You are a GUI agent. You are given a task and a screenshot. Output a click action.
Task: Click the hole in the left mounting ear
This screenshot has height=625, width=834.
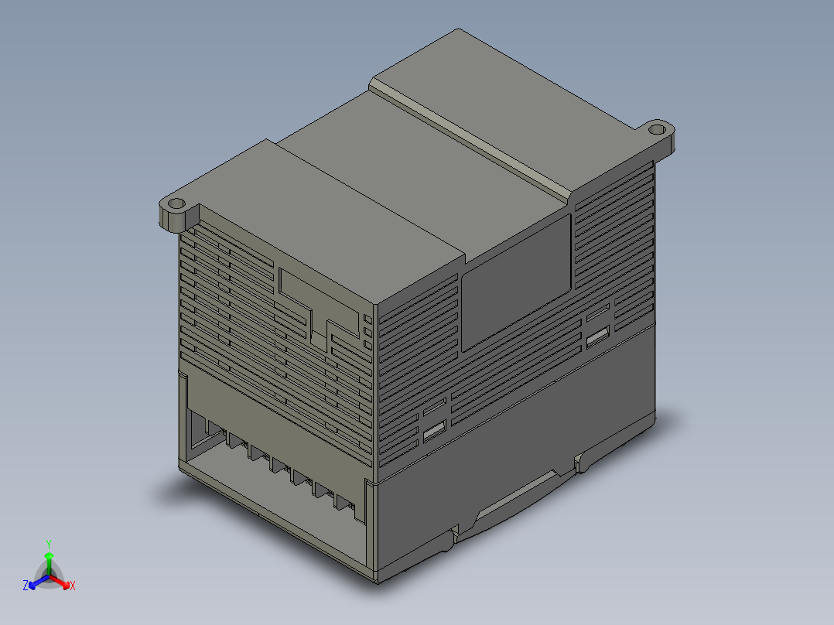(176, 205)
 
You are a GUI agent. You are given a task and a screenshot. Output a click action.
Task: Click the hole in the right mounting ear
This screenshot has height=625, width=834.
(657, 128)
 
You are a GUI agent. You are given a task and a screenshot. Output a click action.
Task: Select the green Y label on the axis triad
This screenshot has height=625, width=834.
(49, 544)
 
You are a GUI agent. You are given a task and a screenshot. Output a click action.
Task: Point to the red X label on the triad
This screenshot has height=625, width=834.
(72, 586)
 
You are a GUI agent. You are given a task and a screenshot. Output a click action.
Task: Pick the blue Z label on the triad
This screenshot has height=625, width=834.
(26, 586)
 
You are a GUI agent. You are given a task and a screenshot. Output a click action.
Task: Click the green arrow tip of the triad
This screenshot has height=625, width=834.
(49, 555)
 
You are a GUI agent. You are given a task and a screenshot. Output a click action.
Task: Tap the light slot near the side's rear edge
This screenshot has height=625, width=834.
(597, 337)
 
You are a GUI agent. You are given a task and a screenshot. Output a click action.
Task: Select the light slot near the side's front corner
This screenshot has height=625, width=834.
(435, 432)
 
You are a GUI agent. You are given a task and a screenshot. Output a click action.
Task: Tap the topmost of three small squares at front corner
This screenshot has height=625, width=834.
(367, 318)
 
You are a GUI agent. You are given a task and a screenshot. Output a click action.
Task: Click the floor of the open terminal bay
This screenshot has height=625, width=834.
(271, 495)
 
